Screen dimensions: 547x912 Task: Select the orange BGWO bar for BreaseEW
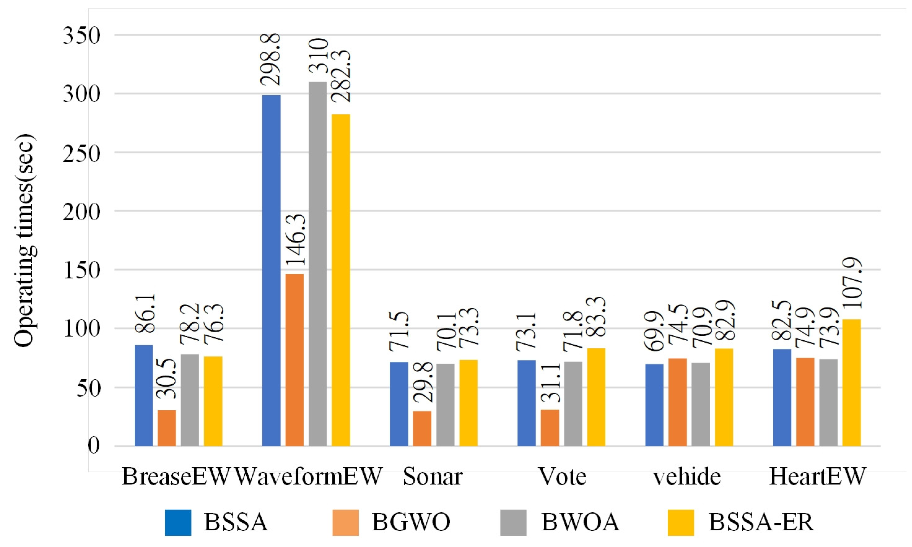tap(167, 428)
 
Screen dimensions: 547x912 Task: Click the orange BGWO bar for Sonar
tap(422, 428)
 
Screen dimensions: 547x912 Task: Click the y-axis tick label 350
tap(81, 36)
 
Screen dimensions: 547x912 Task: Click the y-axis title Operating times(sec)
tap(25, 241)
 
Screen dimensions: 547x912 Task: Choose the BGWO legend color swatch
tap(345, 523)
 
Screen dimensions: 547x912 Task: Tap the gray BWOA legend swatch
tap(513, 523)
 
